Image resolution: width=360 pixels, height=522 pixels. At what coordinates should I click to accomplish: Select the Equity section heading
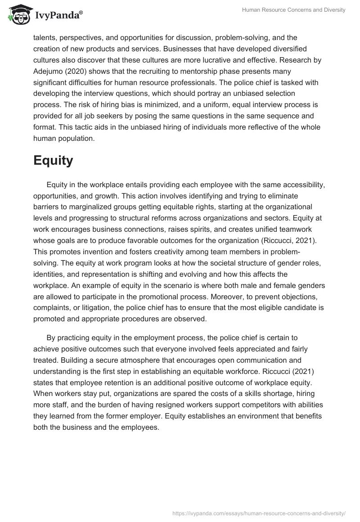[53, 161]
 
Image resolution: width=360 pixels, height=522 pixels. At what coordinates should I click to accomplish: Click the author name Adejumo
[50, 72]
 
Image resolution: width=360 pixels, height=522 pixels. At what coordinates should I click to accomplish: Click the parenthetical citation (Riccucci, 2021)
[284, 240]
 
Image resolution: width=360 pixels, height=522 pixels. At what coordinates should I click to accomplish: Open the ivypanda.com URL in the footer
[259, 513]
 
